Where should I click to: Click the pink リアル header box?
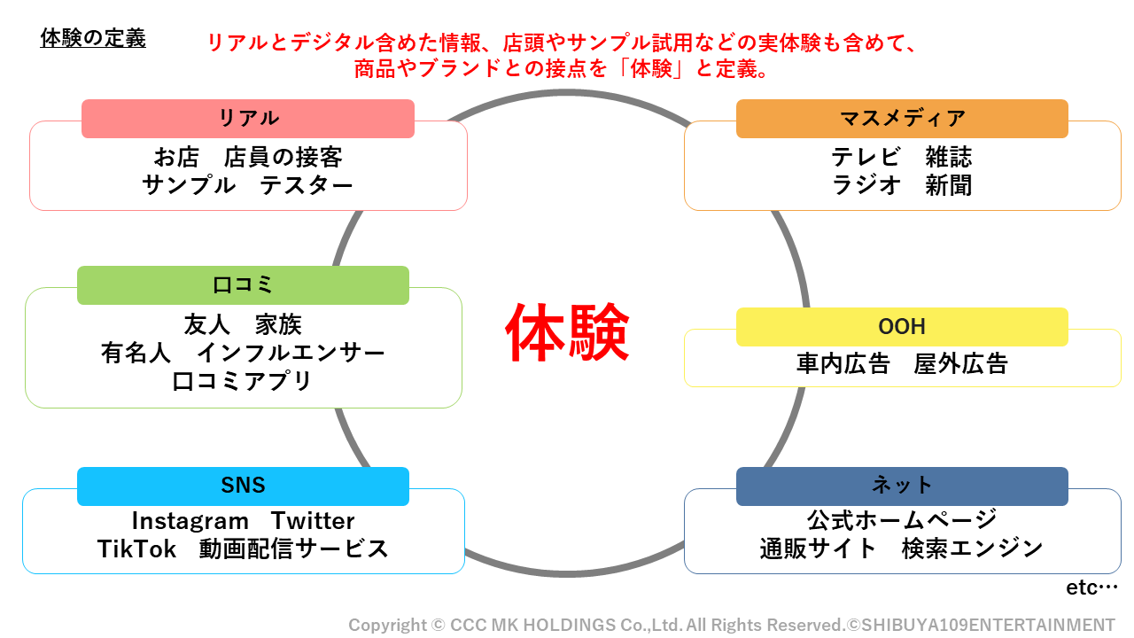point(248,119)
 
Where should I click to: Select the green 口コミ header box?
point(243,285)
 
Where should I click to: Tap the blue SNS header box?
point(243,486)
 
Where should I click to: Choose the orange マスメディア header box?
point(902,119)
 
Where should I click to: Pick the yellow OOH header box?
point(902,327)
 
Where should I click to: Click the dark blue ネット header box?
point(902,486)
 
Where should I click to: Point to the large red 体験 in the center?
point(567,333)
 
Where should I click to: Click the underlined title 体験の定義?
point(93,39)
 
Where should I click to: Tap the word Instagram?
point(190,521)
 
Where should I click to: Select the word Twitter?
point(313,521)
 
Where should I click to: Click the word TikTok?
point(137,549)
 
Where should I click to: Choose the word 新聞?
point(949,185)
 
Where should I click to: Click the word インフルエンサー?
point(291,353)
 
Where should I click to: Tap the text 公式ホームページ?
point(902,519)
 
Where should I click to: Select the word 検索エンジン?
point(972,549)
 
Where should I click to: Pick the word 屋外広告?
point(960,363)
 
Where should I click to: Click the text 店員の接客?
point(283,158)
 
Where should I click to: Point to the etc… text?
point(1091,587)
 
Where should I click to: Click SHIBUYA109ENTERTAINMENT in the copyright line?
point(987,625)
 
